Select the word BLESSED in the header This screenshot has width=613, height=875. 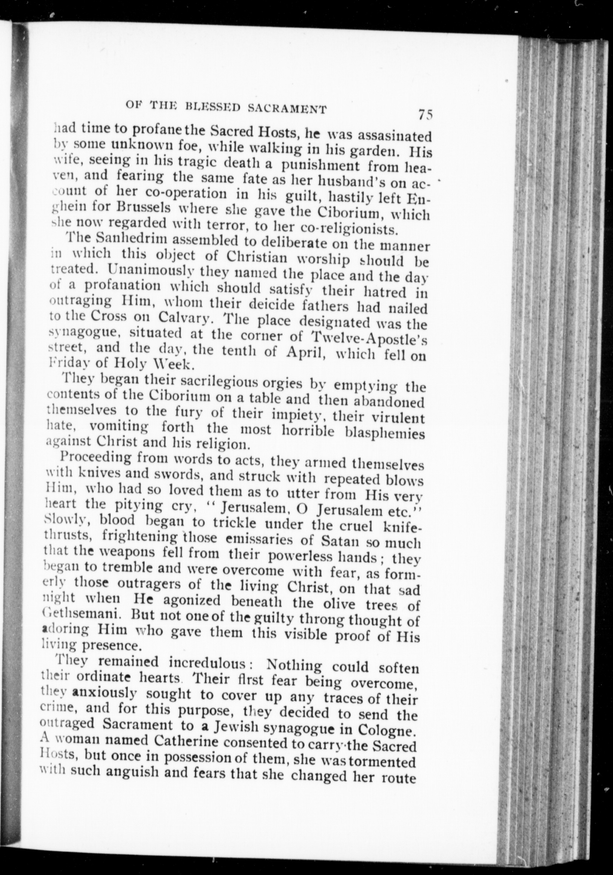coord(213,108)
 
